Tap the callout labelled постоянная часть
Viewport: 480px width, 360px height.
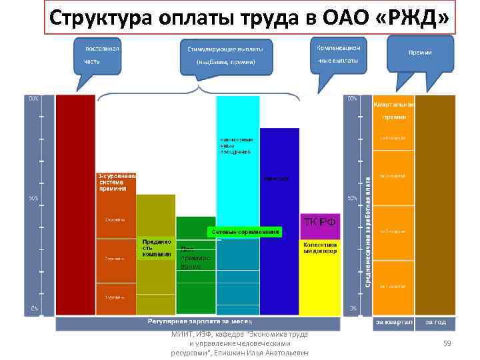tap(99, 55)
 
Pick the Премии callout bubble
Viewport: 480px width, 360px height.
tap(420, 53)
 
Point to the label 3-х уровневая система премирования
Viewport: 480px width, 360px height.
tap(117, 182)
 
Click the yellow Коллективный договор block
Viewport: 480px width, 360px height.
tap(319, 248)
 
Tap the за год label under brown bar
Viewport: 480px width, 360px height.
tap(436, 323)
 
